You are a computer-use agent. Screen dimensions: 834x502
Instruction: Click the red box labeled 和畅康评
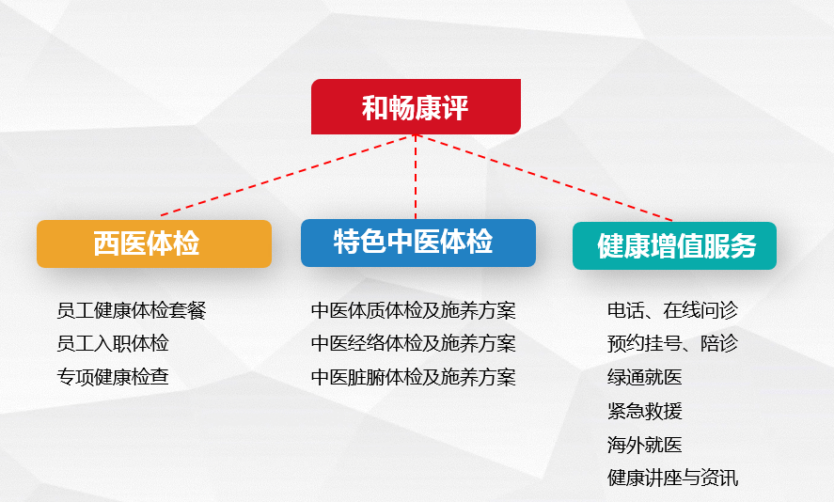coord(416,106)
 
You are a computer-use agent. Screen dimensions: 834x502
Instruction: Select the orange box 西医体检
coord(154,243)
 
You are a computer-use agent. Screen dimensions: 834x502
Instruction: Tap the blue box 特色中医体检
coord(418,243)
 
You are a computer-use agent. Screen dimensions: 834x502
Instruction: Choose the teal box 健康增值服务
coord(674,245)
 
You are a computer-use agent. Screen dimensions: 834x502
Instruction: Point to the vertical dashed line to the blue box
coord(416,177)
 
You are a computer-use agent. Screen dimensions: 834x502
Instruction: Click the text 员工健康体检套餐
coord(132,310)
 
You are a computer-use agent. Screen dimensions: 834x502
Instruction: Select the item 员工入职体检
coord(113,343)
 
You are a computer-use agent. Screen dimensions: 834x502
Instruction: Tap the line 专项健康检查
coord(113,377)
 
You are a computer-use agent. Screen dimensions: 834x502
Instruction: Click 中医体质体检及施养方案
coord(414,310)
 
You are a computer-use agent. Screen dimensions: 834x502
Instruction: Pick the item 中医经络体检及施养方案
coord(414,343)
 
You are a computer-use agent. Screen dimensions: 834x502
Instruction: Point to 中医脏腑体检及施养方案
coord(414,377)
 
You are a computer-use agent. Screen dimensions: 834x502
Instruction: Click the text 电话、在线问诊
coord(673,310)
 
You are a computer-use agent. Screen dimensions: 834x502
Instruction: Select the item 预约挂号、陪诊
coord(673,343)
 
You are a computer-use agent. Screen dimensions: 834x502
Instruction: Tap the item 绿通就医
coord(645,377)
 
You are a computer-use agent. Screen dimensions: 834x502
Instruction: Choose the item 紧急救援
coord(645,411)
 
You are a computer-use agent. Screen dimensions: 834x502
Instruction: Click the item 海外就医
coord(645,445)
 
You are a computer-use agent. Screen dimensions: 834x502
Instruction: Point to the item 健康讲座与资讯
coord(673,478)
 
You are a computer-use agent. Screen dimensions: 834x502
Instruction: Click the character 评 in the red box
coord(455,108)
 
